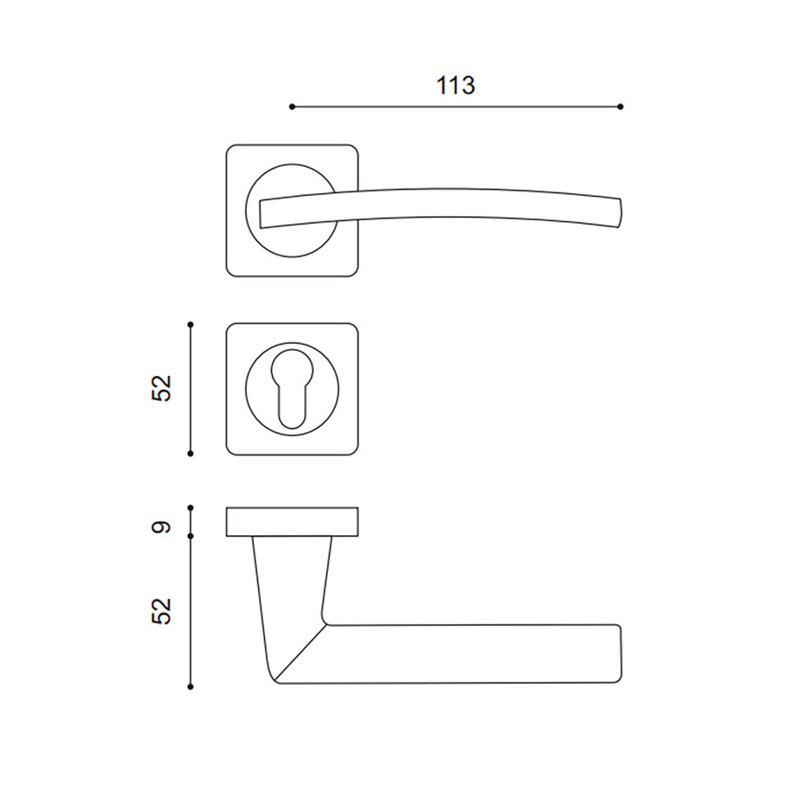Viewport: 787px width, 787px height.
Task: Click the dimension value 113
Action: coord(456,86)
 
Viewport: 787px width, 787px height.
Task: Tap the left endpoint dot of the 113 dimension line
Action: coord(292,107)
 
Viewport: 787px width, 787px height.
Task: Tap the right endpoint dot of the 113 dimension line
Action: coord(620,107)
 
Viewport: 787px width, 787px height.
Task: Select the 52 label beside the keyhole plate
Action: coord(162,388)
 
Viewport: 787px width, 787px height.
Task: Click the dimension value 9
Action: coord(162,527)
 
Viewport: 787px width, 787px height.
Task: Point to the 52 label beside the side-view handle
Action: coord(162,611)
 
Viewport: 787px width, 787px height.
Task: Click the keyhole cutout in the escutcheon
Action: coord(292,387)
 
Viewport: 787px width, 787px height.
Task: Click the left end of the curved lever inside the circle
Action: coord(261,214)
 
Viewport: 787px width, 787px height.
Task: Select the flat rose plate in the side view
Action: coord(292,522)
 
